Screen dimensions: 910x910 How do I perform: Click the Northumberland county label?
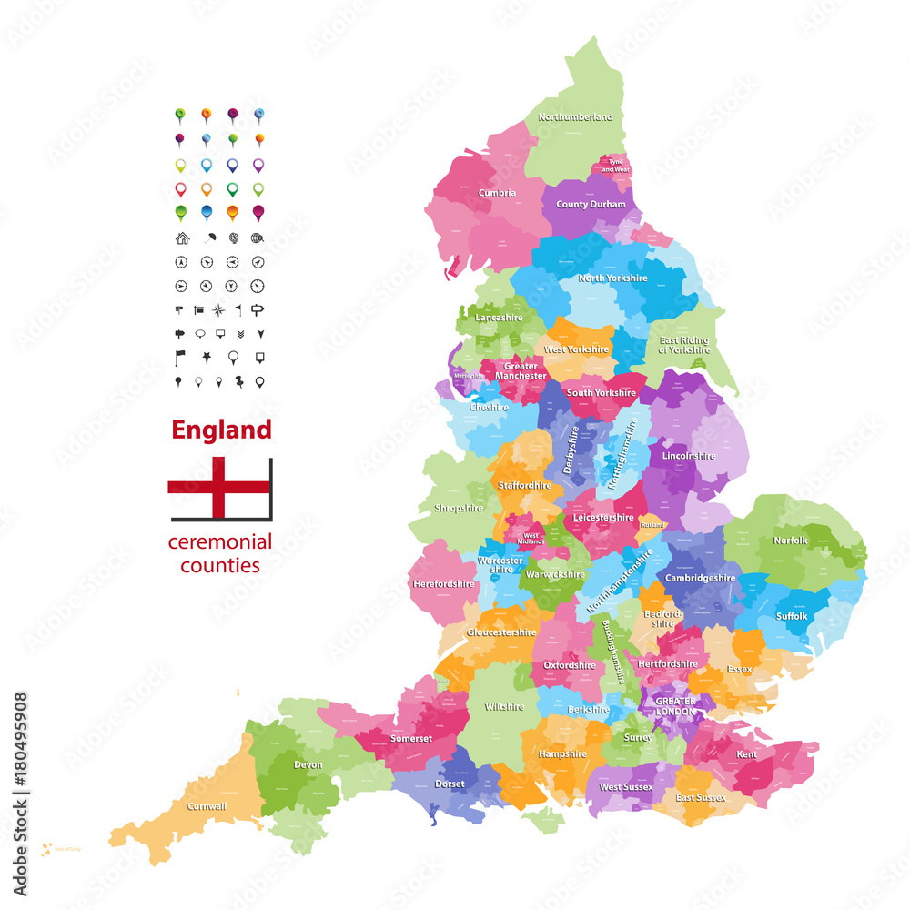[x=575, y=117]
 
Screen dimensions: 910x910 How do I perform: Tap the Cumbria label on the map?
[x=497, y=193]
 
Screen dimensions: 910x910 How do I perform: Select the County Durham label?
[x=591, y=205]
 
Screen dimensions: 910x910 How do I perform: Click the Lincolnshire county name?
[x=689, y=455]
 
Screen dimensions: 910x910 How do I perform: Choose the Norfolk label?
[x=790, y=541]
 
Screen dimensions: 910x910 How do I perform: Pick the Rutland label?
[x=652, y=525]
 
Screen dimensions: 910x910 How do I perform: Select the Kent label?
[x=746, y=754]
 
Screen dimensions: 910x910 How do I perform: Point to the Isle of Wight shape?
[x=542, y=821]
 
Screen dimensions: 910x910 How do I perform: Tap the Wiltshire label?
[x=504, y=707]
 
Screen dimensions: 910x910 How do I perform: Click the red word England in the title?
[x=222, y=430]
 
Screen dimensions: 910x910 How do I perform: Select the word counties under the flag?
[x=220, y=565]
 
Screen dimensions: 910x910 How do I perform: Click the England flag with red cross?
[x=219, y=487]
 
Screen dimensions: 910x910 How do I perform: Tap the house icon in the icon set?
[x=182, y=238]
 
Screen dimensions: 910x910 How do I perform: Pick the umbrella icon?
[x=207, y=238]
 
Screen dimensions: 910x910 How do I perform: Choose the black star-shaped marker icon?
[x=207, y=356]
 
